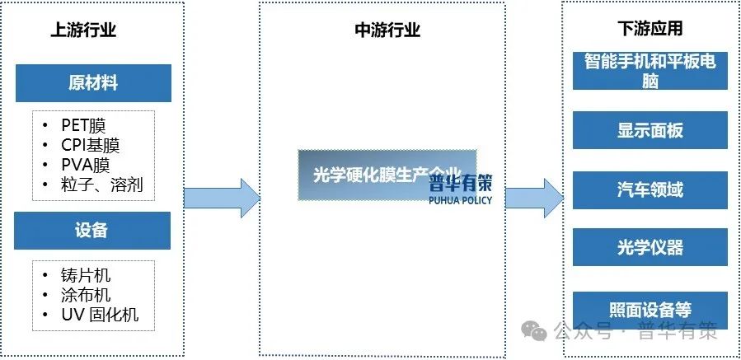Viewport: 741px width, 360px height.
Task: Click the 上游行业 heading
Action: click(x=83, y=30)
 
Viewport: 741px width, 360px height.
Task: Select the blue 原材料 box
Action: click(x=92, y=83)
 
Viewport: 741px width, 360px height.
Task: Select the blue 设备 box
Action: click(x=92, y=231)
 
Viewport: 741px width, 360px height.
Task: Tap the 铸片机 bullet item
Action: click(x=86, y=275)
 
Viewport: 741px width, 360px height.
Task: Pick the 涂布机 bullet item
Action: click(x=86, y=295)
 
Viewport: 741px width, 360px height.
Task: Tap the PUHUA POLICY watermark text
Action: click(x=460, y=200)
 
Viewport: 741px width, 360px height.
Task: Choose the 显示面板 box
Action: click(x=650, y=131)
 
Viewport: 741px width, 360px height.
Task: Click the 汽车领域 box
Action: click(x=650, y=189)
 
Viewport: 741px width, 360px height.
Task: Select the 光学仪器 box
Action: click(x=650, y=247)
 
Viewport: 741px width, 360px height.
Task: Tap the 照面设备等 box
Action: click(x=650, y=311)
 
